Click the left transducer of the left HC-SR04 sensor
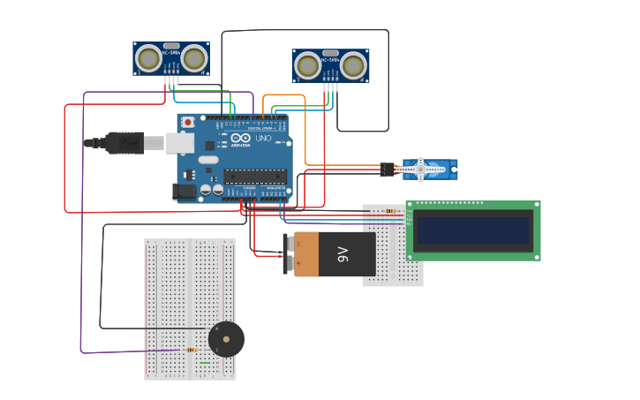(x=150, y=59)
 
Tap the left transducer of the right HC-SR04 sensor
(x=308, y=65)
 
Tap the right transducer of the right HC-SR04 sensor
(x=353, y=65)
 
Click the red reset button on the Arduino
(x=188, y=122)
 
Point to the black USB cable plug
(x=124, y=141)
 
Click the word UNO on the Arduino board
(x=263, y=139)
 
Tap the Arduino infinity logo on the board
(x=242, y=139)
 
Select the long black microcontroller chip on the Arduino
(x=255, y=175)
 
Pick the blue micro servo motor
(x=430, y=169)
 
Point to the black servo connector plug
(x=387, y=169)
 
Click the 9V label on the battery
(x=343, y=254)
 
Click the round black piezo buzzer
(x=226, y=339)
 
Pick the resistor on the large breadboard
(x=192, y=350)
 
